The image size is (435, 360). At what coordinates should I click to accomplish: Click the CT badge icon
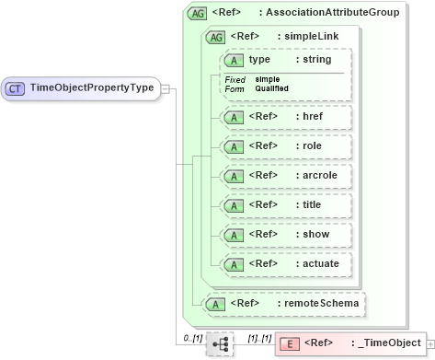pyautogui.click(x=16, y=88)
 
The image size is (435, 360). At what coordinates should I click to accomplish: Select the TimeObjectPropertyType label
pyautogui.click(x=91, y=88)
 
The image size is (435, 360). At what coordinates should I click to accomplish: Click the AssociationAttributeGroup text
pyautogui.click(x=333, y=13)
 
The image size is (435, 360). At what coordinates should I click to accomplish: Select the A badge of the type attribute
pyautogui.click(x=234, y=59)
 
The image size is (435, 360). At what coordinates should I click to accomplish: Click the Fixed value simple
pyautogui.click(x=268, y=79)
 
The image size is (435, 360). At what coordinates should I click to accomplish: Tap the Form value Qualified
pyautogui.click(x=271, y=87)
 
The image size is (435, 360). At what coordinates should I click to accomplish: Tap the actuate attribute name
pyautogui.click(x=316, y=264)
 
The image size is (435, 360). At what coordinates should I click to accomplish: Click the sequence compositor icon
pyautogui.click(x=220, y=343)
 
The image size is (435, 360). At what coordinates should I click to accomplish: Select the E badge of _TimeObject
pyautogui.click(x=288, y=343)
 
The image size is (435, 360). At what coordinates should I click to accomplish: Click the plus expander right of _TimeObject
pyautogui.click(x=430, y=343)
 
